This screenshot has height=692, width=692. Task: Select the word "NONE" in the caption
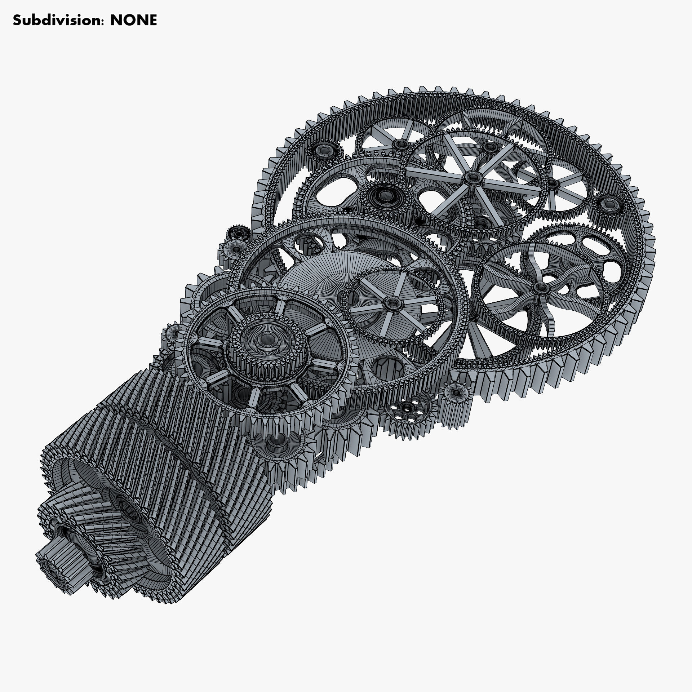[x=133, y=21]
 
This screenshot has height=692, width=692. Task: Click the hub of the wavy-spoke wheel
[x=541, y=287]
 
